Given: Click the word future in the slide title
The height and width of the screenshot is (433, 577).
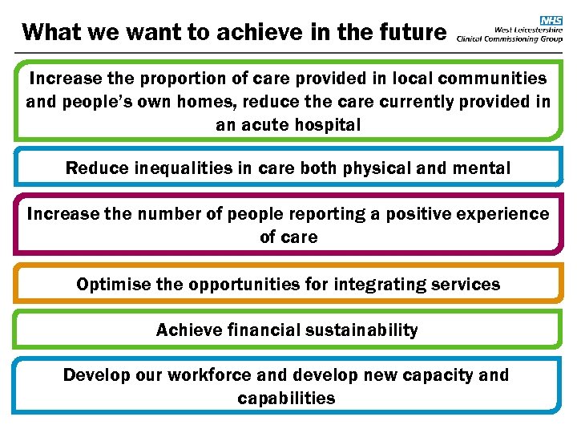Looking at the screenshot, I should (413, 32).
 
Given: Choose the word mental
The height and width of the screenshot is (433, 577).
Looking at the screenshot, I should (482, 168).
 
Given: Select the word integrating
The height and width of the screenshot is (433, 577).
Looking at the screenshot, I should (375, 285).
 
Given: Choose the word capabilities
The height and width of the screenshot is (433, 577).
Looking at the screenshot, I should (287, 399).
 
